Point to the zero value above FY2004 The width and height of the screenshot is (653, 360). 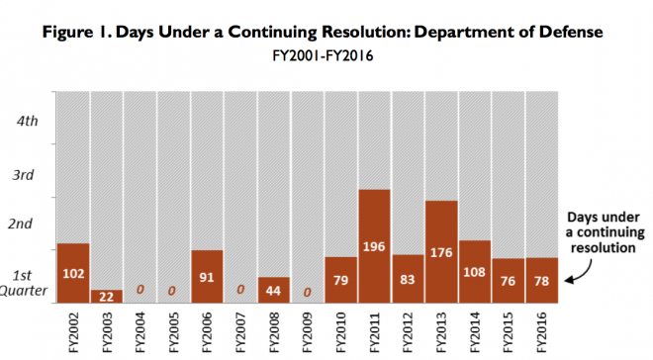coord(140,291)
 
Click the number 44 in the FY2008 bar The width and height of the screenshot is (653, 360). coord(274,292)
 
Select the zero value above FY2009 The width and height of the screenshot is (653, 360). coord(308,292)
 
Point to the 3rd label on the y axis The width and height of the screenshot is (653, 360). coord(24,174)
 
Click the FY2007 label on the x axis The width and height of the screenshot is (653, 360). coord(240,331)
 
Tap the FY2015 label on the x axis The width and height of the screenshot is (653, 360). coord(509,331)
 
